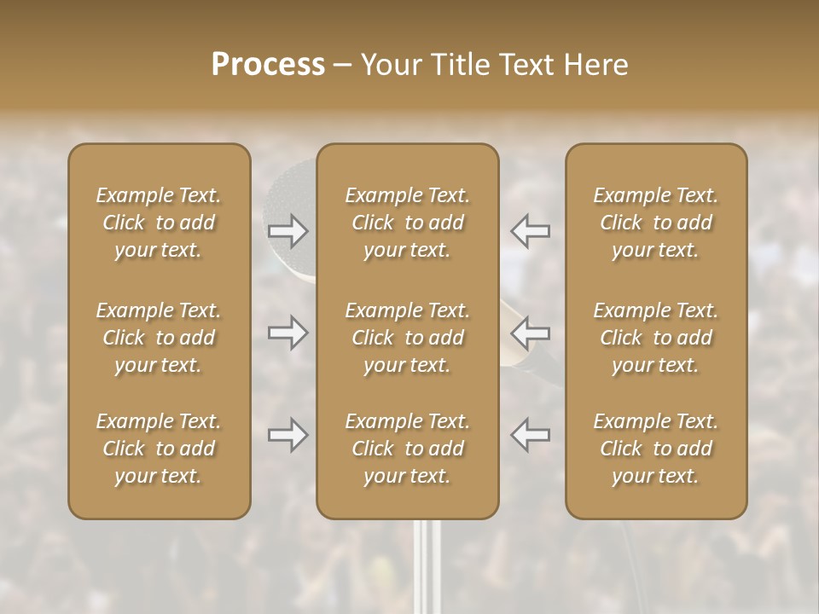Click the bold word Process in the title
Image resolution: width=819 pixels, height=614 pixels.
(x=268, y=64)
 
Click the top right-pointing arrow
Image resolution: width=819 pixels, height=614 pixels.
(x=288, y=230)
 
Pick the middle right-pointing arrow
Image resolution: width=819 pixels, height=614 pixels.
(x=288, y=332)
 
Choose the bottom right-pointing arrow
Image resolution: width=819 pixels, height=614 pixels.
(x=288, y=435)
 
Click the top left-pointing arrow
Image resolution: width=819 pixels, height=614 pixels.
(x=531, y=230)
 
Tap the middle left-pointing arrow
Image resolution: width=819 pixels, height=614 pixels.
(x=531, y=332)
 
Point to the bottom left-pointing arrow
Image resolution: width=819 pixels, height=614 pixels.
(x=531, y=435)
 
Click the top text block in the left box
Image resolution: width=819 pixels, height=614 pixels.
(x=159, y=223)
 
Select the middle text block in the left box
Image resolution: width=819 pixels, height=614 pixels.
(x=159, y=338)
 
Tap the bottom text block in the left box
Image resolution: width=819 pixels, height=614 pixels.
(x=159, y=449)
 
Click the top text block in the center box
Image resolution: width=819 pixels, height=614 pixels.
(x=408, y=223)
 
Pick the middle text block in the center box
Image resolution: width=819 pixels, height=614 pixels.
(x=408, y=338)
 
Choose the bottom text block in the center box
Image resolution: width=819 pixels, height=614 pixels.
(x=408, y=449)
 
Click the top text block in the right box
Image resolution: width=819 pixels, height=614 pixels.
(x=656, y=223)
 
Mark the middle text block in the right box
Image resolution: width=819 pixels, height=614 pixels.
(x=656, y=338)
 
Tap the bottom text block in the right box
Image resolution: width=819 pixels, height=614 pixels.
(x=656, y=449)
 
